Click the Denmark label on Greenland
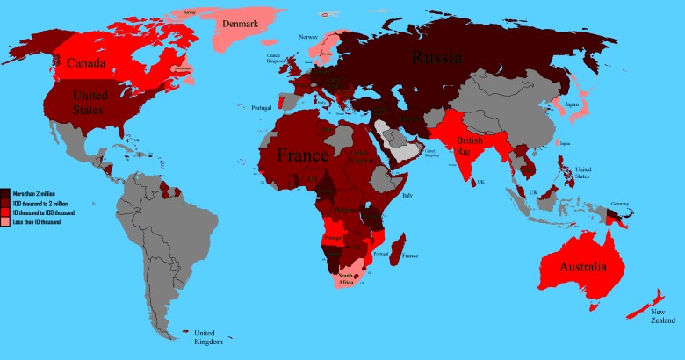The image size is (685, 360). [x=240, y=25]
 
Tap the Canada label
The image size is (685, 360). [x=87, y=61]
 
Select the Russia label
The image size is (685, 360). [x=439, y=59]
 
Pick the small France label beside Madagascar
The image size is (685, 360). [x=408, y=256]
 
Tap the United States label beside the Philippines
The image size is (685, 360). [x=585, y=171]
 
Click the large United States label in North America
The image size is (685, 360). [x=89, y=103]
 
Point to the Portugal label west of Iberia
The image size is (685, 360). [x=263, y=107]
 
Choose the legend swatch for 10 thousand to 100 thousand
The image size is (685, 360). [x=5, y=212]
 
